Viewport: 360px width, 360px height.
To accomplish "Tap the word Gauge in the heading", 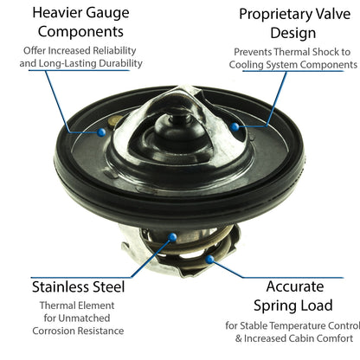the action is click(107, 14).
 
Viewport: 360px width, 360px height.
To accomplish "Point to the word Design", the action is click(293, 34).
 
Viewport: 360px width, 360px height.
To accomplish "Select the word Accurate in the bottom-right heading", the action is click(295, 286).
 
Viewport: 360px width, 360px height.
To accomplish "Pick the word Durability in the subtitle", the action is click(120, 63).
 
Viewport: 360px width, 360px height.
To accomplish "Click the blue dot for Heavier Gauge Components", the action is click(101, 132).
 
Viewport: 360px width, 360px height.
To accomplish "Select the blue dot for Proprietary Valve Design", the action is click(235, 126).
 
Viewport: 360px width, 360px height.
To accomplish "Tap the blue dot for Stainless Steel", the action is click(172, 237).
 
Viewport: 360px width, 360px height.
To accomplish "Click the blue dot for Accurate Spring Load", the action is click(209, 260).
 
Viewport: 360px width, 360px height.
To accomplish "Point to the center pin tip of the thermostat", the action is click(180, 118).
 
